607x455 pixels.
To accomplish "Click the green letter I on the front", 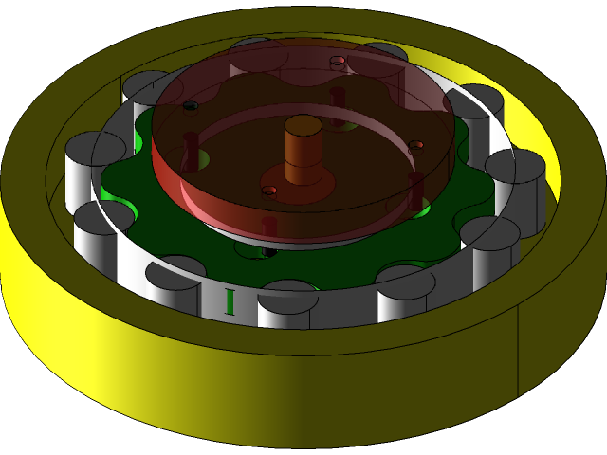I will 229,300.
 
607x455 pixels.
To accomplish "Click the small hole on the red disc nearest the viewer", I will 269,191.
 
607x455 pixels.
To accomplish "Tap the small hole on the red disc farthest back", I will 337,62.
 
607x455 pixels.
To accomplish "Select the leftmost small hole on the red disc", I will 190,105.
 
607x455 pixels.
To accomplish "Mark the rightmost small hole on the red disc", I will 415,145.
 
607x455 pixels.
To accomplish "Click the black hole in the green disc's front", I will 269,252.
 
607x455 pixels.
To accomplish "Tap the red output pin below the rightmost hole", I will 415,190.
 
